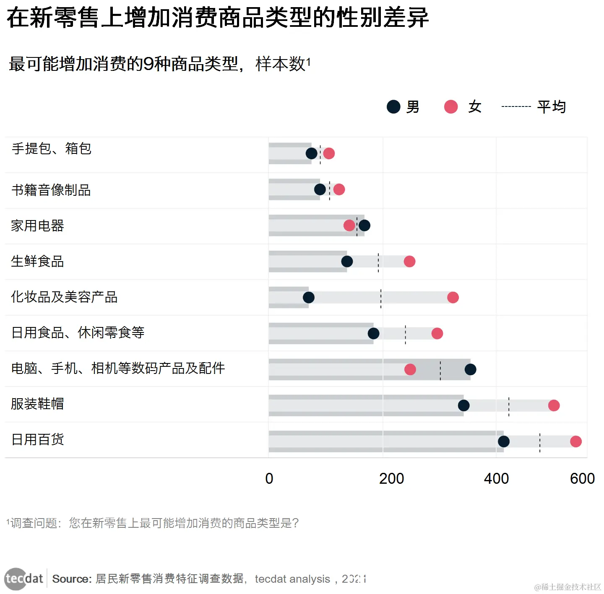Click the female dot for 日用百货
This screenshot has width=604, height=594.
pyautogui.click(x=575, y=441)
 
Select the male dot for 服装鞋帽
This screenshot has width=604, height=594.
pyautogui.click(x=463, y=405)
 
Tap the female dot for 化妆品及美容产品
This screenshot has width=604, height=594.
pyautogui.click(x=453, y=298)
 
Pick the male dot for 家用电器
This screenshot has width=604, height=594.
pyautogui.click(x=364, y=226)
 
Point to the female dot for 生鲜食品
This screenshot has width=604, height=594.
pyautogui.click(x=409, y=262)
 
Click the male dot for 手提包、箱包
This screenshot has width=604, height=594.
pyautogui.click(x=311, y=153)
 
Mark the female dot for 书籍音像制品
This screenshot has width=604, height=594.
pyautogui.click(x=339, y=189)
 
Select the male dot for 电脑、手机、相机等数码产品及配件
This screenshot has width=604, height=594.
pyautogui.click(x=470, y=369)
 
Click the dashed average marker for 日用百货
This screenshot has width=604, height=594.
pyautogui.click(x=539, y=443)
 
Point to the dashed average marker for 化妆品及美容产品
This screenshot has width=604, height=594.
pyautogui.click(x=381, y=298)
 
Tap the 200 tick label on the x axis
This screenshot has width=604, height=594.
pyautogui.click(x=391, y=479)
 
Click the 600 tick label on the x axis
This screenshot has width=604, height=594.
pyautogui.click(x=582, y=479)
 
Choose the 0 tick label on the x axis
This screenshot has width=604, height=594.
pyautogui.click(x=269, y=479)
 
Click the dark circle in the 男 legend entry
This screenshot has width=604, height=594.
pyautogui.click(x=393, y=107)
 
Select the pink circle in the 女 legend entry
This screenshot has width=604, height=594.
pyautogui.click(x=451, y=107)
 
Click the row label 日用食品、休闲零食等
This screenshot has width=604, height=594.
pyautogui.click(x=78, y=333)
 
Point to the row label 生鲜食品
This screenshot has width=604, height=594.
pyautogui.click(x=37, y=262)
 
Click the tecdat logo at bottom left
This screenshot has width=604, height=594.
pyautogui.click(x=24, y=579)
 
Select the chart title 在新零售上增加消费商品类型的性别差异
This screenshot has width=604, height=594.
pyautogui.click(x=218, y=18)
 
